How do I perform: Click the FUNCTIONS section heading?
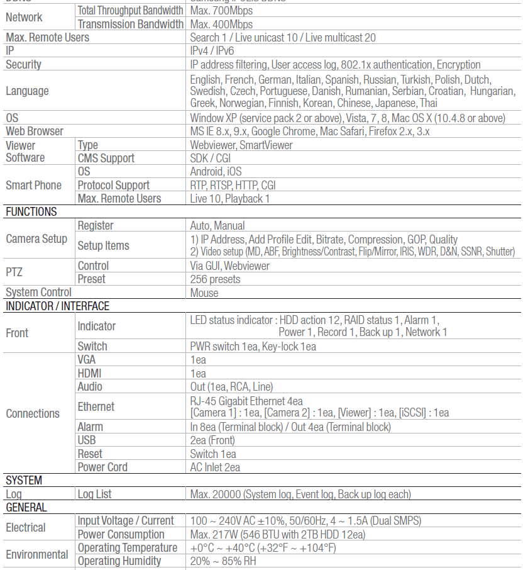[x=31, y=212]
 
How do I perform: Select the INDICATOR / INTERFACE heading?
[x=58, y=306]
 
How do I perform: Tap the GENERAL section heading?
[x=26, y=508]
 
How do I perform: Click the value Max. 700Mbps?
[x=221, y=11]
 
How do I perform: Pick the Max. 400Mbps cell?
[x=221, y=25]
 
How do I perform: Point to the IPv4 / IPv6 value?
[x=212, y=51]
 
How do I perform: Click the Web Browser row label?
[x=35, y=131]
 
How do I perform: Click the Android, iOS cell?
[x=216, y=172]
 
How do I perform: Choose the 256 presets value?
[x=215, y=279]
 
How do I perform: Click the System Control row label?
[x=39, y=293]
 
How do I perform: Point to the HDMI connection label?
[x=89, y=373]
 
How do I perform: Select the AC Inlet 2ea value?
[x=215, y=467]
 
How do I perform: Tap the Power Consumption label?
[x=121, y=535]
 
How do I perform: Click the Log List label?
[x=95, y=495]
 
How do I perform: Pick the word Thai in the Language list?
[x=428, y=103]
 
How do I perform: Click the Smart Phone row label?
[x=34, y=186]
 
